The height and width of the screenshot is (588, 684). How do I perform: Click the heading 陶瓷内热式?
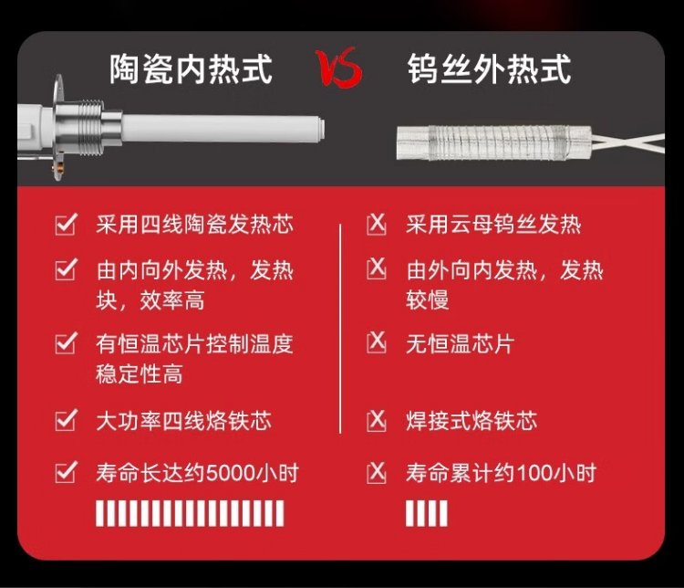(191, 68)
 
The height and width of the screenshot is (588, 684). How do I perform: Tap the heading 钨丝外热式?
(489, 68)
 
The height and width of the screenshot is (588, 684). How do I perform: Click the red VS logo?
(339, 67)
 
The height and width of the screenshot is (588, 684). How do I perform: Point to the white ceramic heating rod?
(223, 129)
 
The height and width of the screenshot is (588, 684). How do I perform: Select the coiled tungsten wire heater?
(492, 142)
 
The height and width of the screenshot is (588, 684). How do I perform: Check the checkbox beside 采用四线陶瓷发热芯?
(67, 224)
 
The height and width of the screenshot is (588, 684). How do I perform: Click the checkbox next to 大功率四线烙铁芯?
(67, 420)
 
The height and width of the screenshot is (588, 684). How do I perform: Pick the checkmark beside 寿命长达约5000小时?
(67, 472)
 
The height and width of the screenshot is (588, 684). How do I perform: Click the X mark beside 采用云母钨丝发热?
(376, 224)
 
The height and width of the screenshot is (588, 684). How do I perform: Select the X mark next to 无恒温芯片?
(376, 342)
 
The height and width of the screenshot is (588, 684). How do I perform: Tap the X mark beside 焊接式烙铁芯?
(376, 420)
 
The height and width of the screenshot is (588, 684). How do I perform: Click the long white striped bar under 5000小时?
(190, 513)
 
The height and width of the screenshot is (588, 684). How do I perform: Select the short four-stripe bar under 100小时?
(426, 513)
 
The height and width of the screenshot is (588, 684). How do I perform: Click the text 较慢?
(428, 300)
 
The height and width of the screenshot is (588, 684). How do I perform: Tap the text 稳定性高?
(140, 374)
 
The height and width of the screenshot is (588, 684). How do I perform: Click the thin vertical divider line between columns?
(340, 329)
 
